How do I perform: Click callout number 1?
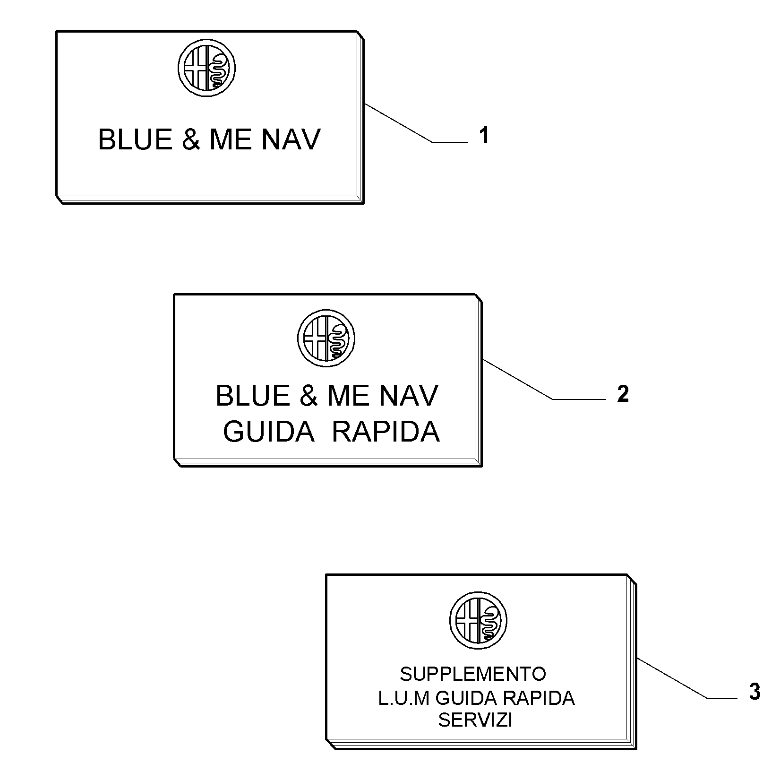pyautogui.click(x=484, y=136)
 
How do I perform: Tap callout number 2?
pyautogui.click(x=623, y=394)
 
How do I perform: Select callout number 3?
pyautogui.click(x=755, y=692)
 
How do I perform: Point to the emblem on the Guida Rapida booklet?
pyautogui.click(x=326, y=339)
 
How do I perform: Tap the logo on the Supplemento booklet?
pyautogui.click(x=478, y=620)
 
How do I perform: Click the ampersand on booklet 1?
pyautogui.click(x=191, y=139)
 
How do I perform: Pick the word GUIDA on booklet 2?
pyautogui.click(x=269, y=431)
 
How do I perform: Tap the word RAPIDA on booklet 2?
pyautogui.click(x=386, y=431)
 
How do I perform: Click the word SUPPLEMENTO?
pyautogui.click(x=473, y=674)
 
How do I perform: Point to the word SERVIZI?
pyautogui.click(x=475, y=720)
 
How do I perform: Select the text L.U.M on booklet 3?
pyautogui.click(x=405, y=698)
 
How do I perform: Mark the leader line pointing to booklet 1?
pyautogui.click(x=416, y=123)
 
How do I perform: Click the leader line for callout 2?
pyautogui.click(x=544, y=380)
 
